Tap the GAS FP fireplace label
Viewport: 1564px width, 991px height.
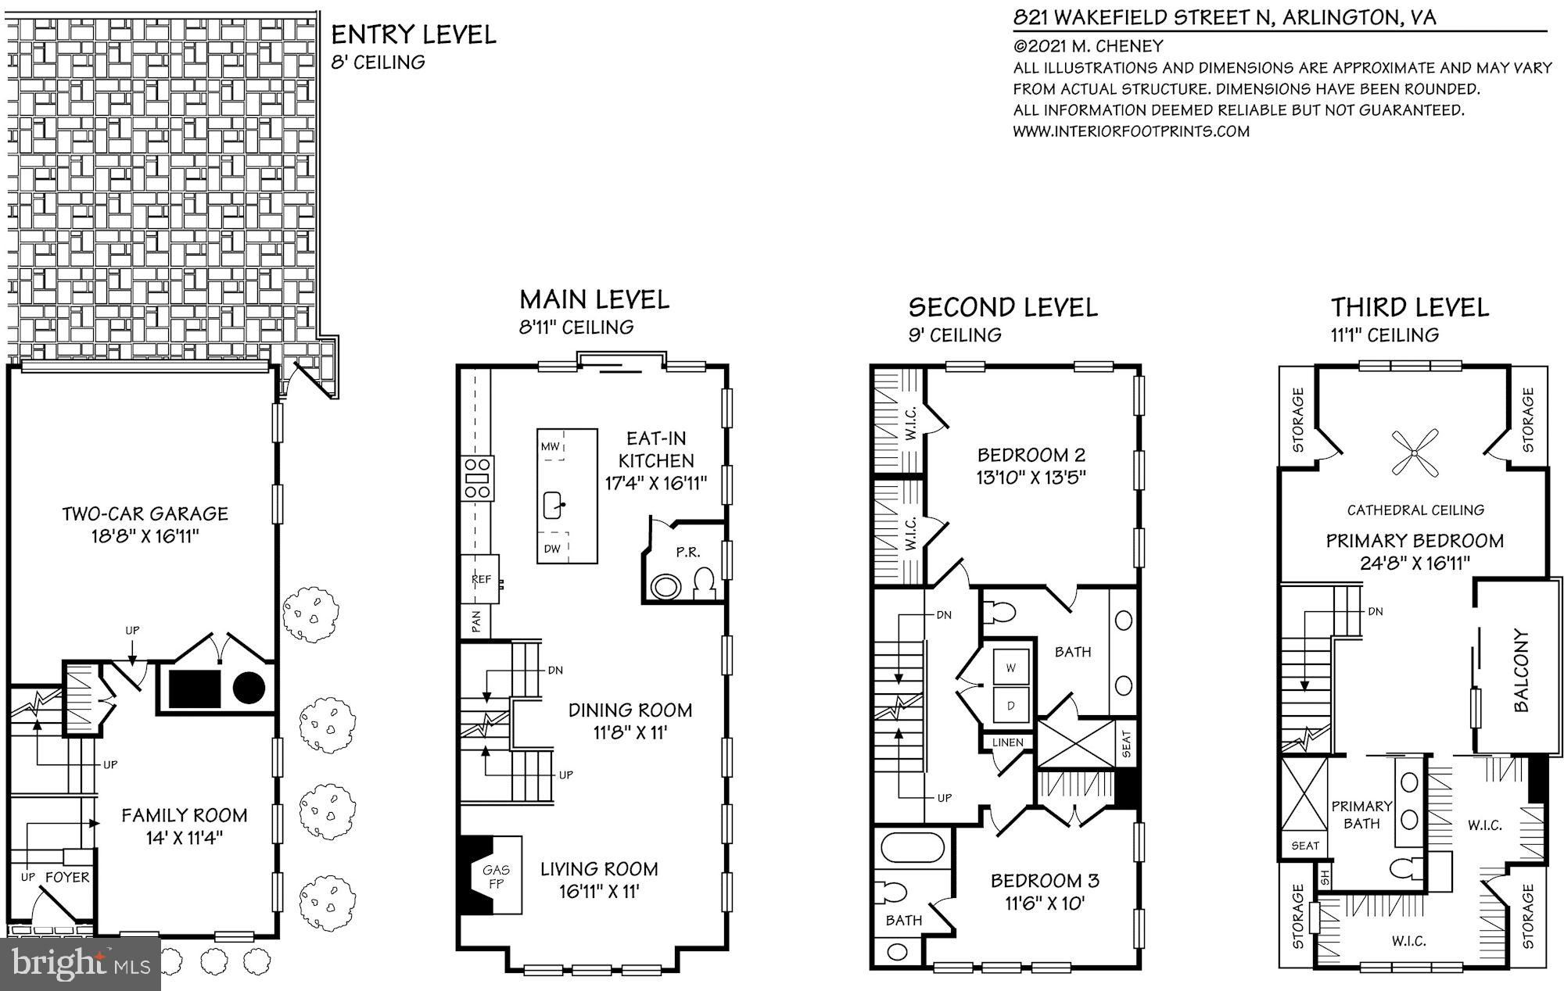496,876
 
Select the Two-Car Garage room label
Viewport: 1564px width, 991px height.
145,514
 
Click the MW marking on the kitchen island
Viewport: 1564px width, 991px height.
551,447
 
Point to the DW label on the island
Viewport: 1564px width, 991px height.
553,549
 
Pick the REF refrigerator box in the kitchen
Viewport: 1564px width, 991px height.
481,579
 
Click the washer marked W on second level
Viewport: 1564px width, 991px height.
1010,668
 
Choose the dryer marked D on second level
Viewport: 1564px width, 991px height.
1010,706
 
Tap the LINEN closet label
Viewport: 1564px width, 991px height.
1007,742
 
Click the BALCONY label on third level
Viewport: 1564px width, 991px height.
1521,671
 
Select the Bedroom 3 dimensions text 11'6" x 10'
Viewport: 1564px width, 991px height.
1045,904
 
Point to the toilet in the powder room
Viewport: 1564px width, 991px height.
705,583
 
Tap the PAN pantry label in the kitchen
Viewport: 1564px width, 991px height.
476,623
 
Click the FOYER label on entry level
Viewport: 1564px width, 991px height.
67,878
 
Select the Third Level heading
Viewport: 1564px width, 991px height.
1410,307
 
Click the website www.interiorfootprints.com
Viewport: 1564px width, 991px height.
1131,131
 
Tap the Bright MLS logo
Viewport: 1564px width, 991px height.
81,964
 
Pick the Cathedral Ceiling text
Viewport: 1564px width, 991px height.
1415,510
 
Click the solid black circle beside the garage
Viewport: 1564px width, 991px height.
249,688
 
